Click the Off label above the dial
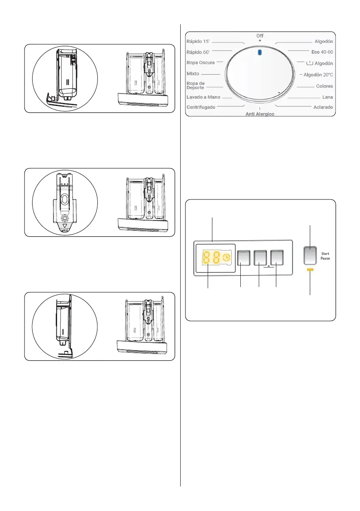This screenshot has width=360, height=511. (x=260, y=36)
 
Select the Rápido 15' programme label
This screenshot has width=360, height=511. (x=198, y=42)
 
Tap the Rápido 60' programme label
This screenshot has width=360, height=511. (x=198, y=52)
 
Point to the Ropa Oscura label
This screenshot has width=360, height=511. (x=201, y=63)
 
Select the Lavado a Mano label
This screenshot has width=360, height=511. (x=203, y=97)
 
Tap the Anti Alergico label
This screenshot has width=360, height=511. (x=260, y=114)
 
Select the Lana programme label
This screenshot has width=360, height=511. (x=327, y=97)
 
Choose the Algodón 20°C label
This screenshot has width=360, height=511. (x=318, y=74)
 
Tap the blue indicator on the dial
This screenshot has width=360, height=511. (x=259, y=52)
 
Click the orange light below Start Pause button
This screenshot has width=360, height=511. (x=310, y=270)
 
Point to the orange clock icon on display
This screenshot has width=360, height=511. (x=226, y=257)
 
